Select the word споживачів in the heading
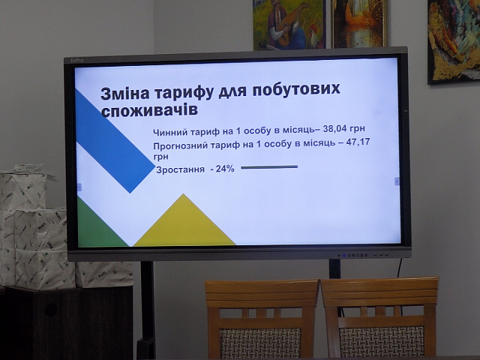(149, 111)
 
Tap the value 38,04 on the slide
(335, 129)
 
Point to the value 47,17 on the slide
(358, 142)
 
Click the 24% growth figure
(225, 169)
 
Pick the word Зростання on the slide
(180, 169)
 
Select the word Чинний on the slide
(169, 133)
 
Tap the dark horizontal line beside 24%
(269, 167)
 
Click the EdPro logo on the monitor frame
(77, 60)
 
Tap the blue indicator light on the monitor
(344, 255)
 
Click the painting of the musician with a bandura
(289, 25)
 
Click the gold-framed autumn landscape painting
(359, 23)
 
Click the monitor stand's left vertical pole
(147, 309)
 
